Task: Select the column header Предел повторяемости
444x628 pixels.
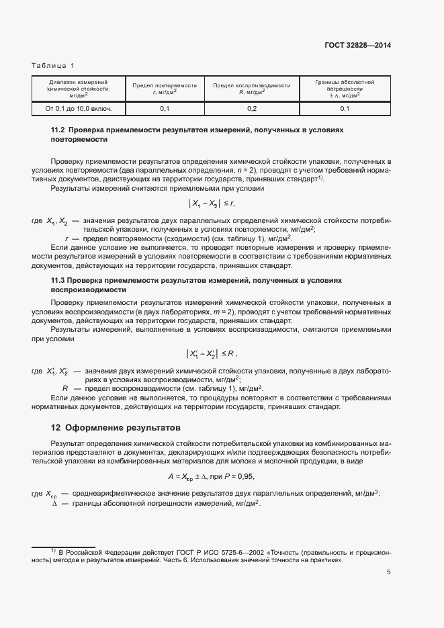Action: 165,89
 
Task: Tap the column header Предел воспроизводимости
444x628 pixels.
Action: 252,89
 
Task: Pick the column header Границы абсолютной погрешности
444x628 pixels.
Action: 345,89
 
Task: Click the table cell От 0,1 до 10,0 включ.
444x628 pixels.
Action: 78,108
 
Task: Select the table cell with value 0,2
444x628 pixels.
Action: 252,108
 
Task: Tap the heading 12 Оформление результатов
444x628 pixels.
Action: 116,428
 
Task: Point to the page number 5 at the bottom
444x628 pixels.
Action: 389,572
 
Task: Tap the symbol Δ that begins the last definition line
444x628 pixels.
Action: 55,504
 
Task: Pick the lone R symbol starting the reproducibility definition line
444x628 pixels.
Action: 66,388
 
